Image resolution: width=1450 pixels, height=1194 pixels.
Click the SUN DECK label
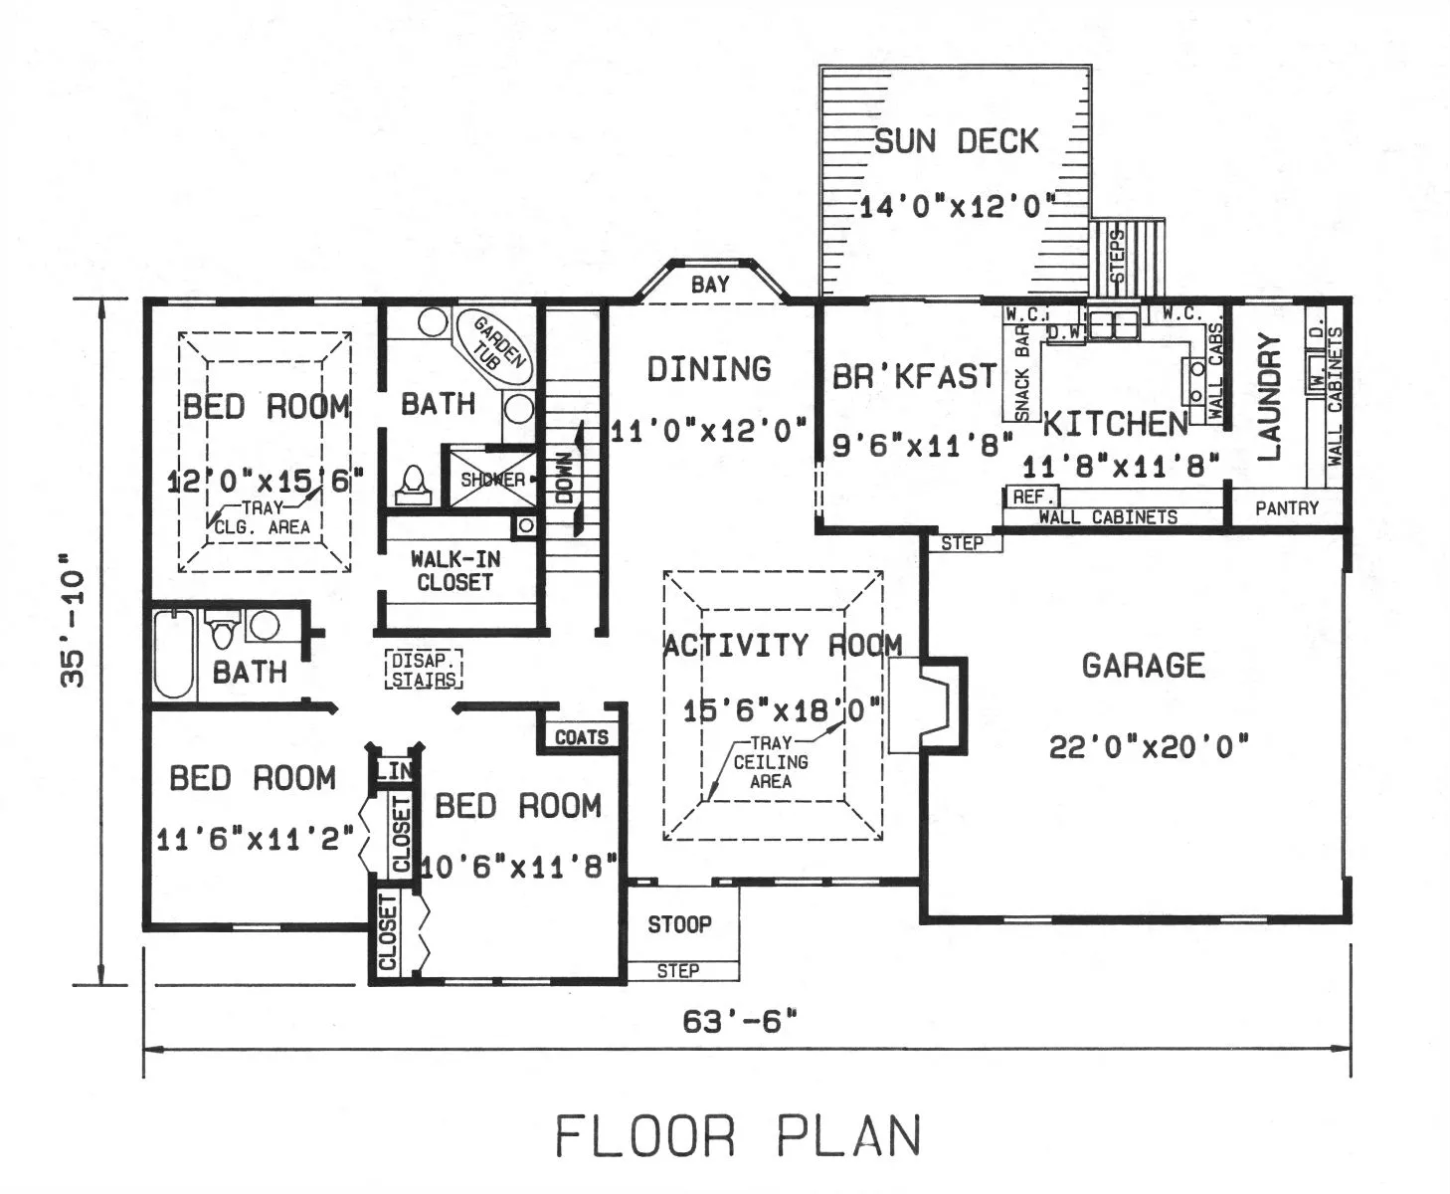point(956,141)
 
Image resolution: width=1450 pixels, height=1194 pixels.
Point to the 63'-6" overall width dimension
point(740,1021)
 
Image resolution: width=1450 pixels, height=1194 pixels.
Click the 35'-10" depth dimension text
point(73,620)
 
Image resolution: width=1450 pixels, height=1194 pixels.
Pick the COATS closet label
point(582,737)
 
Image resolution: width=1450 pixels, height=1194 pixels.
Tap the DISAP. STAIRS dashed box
point(424,670)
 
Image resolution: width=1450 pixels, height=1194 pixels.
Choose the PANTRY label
point(1286,508)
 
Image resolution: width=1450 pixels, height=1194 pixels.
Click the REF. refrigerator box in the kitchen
point(1031,497)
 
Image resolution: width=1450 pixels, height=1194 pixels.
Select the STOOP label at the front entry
point(679,924)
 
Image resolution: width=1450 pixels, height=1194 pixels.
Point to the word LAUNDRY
point(1269,397)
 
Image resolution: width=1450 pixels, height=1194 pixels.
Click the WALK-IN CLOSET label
point(455,570)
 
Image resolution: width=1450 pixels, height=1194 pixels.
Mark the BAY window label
point(710,284)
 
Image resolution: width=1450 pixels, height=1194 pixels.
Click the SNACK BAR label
point(1021,372)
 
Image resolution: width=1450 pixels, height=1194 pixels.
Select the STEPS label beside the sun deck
point(1118,257)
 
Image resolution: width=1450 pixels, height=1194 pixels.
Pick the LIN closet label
point(395,770)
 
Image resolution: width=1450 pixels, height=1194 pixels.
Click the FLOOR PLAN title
point(738,1137)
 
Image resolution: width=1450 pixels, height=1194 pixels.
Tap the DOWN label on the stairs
point(564,478)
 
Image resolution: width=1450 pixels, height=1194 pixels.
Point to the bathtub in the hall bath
point(173,654)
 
